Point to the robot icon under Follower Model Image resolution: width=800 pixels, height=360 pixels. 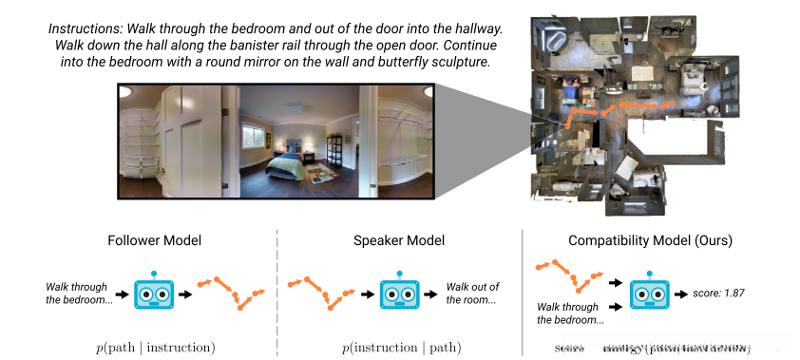tap(154, 292)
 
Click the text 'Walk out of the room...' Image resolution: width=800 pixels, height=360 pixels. tap(472, 294)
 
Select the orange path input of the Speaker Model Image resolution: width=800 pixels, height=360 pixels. tap(317, 290)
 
